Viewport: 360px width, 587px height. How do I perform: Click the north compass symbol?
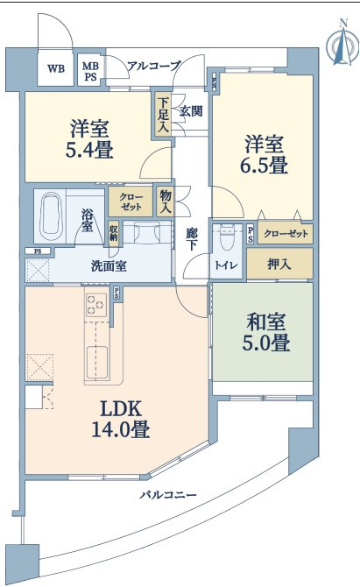click(342, 44)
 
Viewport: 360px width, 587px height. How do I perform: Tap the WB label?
click(56, 68)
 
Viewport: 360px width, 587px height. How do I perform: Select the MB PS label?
click(90, 71)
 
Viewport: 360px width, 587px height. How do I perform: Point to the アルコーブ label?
click(154, 66)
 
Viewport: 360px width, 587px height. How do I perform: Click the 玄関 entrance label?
click(191, 110)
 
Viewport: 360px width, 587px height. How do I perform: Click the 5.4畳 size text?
click(89, 150)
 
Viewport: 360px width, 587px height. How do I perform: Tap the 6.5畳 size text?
click(264, 165)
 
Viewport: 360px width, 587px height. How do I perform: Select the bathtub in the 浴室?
click(51, 216)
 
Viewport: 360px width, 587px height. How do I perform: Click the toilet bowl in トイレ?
click(226, 237)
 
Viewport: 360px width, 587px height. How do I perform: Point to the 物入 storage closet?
click(165, 202)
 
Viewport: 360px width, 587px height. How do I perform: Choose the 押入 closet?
click(279, 263)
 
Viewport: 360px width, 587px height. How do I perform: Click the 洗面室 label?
click(109, 265)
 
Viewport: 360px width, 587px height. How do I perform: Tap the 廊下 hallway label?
click(192, 239)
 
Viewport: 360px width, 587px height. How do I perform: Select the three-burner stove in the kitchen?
click(96, 305)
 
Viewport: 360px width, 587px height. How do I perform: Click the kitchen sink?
click(97, 363)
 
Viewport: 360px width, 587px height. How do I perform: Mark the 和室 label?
click(266, 322)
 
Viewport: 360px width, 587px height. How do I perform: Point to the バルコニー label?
click(168, 495)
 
